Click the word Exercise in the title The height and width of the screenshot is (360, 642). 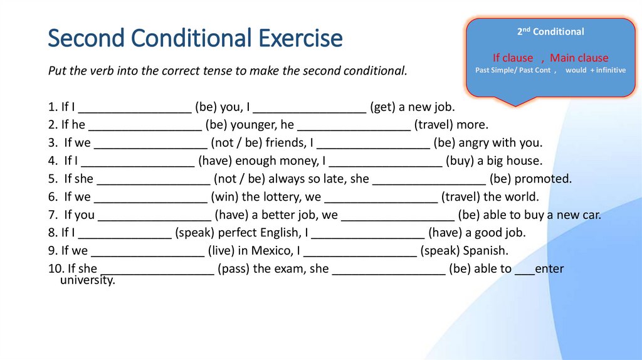coord(300,38)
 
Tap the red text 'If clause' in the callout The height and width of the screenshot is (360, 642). coord(513,58)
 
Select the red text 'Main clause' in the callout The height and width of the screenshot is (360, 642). coord(579,58)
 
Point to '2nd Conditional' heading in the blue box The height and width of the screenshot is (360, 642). coord(550,31)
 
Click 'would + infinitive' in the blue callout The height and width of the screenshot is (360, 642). coord(595,70)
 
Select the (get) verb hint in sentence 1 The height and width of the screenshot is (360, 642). coord(382,107)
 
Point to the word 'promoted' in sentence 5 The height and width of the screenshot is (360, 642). coord(543,179)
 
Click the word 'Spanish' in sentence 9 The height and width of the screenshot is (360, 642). coord(485,251)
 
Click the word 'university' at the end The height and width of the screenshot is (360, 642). coord(87,280)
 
